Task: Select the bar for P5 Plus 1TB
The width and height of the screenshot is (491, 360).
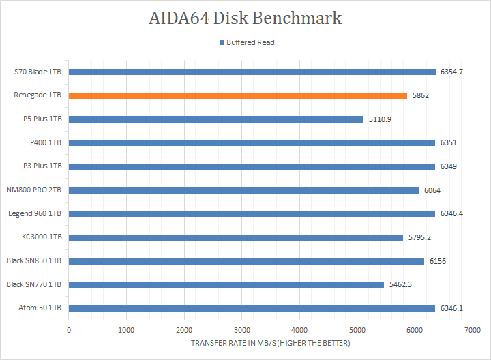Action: click(x=215, y=119)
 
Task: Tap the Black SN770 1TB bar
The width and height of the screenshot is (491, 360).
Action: click(x=226, y=284)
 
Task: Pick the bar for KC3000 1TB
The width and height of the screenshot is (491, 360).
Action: click(x=235, y=237)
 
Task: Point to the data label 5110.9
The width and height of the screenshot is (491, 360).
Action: click(x=381, y=119)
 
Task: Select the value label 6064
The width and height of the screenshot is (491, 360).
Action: click(x=432, y=190)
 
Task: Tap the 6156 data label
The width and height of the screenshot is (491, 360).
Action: click(x=437, y=261)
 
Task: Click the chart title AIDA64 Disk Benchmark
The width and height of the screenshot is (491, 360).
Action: click(x=245, y=18)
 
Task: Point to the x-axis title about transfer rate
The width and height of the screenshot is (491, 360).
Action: click(x=271, y=343)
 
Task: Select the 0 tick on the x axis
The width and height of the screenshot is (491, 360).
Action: click(x=68, y=330)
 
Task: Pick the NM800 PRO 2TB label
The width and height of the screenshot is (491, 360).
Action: click(x=35, y=190)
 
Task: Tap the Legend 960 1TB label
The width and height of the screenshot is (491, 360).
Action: click(x=35, y=213)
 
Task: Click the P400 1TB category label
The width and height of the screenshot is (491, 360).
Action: click(x=46, y=142)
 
